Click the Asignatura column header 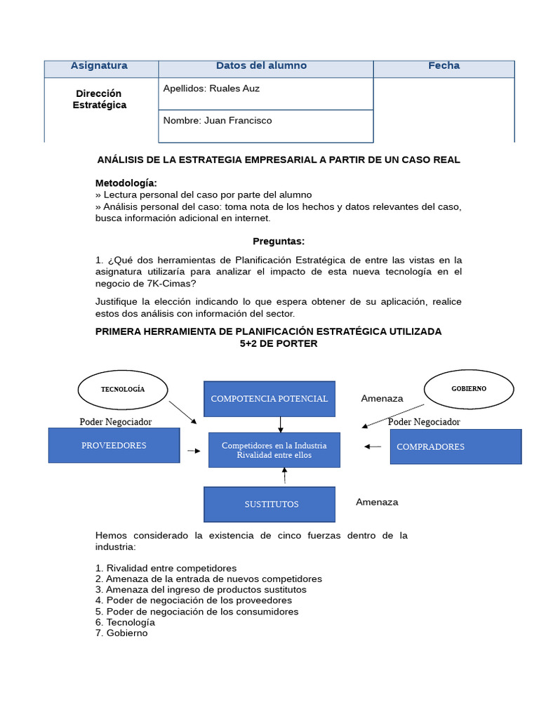(99, 66)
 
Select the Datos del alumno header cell (261, 66)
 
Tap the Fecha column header (444, 66)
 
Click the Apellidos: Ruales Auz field (265, 93)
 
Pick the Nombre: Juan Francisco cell (265, 125)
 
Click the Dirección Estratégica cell (100, 100)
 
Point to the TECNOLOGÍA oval (123, 389)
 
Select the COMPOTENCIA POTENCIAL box (269, 399)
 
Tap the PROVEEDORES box (114, 446)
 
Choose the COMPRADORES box (455, 447)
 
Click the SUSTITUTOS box (269, 504)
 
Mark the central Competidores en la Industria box (274, 450)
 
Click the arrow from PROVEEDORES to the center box (193, 450)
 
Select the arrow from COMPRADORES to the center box (373, 447)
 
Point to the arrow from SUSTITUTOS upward (284, 477)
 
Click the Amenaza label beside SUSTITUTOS (377, 502)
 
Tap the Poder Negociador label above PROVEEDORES (116, 422)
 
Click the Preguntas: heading (279, 242)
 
